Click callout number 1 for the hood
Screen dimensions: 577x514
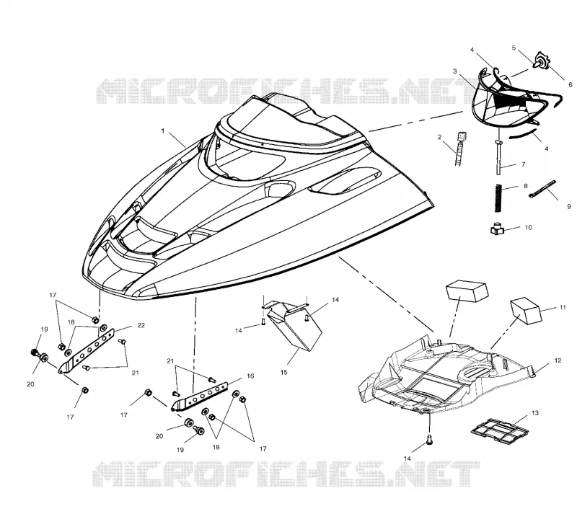(x=163, y=131)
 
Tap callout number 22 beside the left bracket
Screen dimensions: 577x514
(x=141, y=325)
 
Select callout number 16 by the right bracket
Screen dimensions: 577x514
(x=250, y=376)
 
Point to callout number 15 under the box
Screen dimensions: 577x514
(x=283, y=373)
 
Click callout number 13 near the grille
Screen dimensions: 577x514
(x=535, y=413)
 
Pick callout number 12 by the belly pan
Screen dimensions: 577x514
(x=558, y=360)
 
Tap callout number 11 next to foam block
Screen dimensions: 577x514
(x=563, y=307)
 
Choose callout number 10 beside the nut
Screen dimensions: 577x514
(x=529, y=227)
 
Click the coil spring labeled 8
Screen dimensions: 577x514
(x=498, y=198)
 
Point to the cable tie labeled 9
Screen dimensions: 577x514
(x=543, y=189)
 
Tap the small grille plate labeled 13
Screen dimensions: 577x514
(x=500, y=430)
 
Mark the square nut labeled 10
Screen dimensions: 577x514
(x=497, y=229)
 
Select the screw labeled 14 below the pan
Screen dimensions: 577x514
(x=428, y=440)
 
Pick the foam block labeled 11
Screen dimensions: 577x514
(x=526, y=311)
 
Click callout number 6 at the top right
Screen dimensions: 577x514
(x=571, y=84)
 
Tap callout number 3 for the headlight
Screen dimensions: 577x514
(x=455, y=71)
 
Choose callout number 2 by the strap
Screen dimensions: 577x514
(x=439, y=137)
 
